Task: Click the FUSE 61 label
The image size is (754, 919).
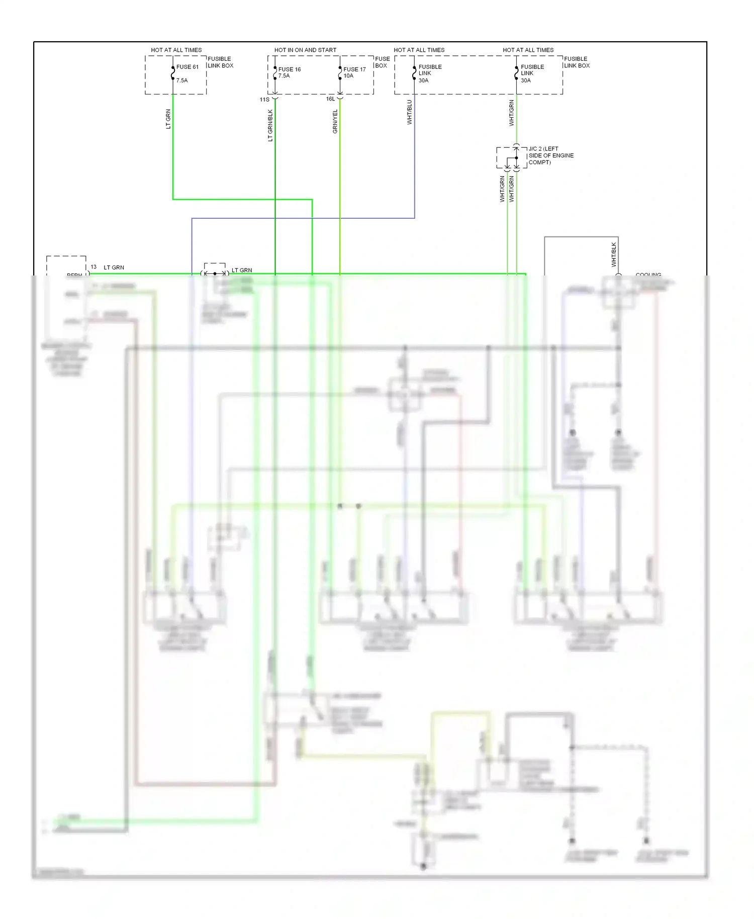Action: [x=187, y=67]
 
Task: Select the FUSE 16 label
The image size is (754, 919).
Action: [x=290, y=69]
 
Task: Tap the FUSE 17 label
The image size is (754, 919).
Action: [x=354, y=69]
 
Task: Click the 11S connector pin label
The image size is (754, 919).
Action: [x=264, y=100]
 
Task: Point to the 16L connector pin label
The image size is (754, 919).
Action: [x=330, y=99]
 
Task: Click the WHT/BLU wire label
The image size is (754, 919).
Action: [x=409, y=112]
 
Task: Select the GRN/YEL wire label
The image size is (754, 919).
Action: [x=335, y=122]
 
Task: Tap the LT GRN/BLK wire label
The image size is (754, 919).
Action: [x=270, y=126]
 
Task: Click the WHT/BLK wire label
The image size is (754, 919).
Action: [x=614, y=254]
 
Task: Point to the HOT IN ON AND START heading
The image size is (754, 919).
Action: [x=305, y=50]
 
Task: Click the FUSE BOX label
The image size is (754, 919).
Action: [x=382, y=62]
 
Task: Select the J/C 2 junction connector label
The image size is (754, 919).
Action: [x=550, y=155]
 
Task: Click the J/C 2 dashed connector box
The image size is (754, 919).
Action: [x=511, y=158]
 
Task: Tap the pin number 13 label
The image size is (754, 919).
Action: [x=93, y=267]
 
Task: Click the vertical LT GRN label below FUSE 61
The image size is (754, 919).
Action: [x=168, y=119]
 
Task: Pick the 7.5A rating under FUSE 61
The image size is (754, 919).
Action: [x=182, y=80]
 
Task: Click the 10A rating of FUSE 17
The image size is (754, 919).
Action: [x=348, y=76]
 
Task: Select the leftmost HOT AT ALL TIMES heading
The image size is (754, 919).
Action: [x=176, y=50]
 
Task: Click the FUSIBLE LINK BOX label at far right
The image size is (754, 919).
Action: [x=577, y=62]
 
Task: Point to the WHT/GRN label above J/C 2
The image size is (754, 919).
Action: [x=511, y=113]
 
